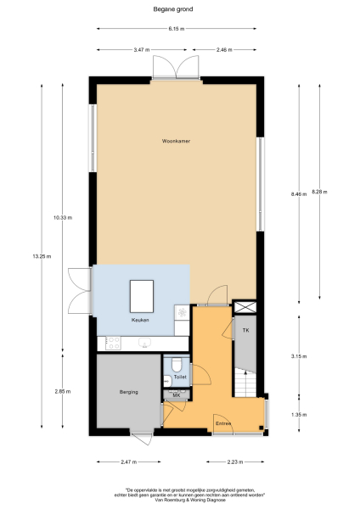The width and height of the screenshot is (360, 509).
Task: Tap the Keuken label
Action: coord(140,320)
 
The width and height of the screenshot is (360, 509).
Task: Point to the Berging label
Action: coord(125,391)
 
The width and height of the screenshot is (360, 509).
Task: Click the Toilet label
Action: coord(179,376)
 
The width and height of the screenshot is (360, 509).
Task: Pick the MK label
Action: coord(177,396)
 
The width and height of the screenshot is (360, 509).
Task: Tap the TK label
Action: coord(245,329)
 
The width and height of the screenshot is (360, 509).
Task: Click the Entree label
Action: coord(223,422)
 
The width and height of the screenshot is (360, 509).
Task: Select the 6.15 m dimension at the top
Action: coord(177,29)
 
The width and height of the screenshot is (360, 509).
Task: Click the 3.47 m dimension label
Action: coord(141,50)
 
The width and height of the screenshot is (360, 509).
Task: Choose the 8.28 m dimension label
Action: coord(319,191)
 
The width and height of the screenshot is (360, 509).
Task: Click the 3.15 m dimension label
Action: coord(297,355)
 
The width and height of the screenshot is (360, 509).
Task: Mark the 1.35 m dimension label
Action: coord(297,414)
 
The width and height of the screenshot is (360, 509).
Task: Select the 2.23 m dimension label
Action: coord(235,462)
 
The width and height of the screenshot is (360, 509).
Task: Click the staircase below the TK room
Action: coord(245,382)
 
